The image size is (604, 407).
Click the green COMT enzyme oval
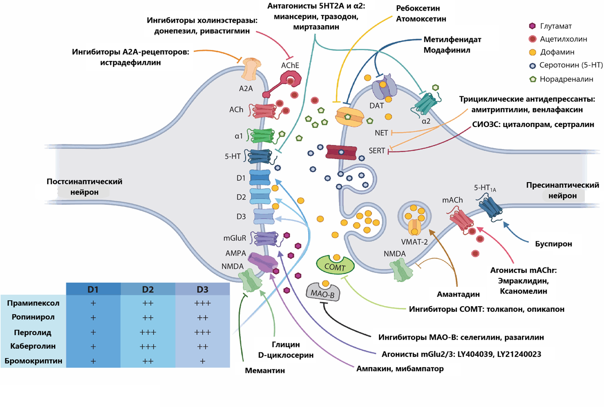335,266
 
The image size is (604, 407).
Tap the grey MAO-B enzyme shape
323,293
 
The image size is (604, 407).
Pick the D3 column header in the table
203,289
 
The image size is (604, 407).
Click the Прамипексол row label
33,303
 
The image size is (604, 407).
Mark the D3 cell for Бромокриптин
203,361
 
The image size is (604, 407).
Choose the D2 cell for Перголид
148,332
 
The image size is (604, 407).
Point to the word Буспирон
553,243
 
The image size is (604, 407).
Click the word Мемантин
265,370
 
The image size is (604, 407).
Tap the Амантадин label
458,294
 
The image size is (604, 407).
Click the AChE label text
290,66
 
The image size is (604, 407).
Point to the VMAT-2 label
414,242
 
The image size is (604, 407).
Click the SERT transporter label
377,151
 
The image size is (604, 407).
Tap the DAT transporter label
377,106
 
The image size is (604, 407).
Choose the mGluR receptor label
234,238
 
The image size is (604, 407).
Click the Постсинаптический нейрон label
84,187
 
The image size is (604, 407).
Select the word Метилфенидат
452,40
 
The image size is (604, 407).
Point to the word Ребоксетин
418,8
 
